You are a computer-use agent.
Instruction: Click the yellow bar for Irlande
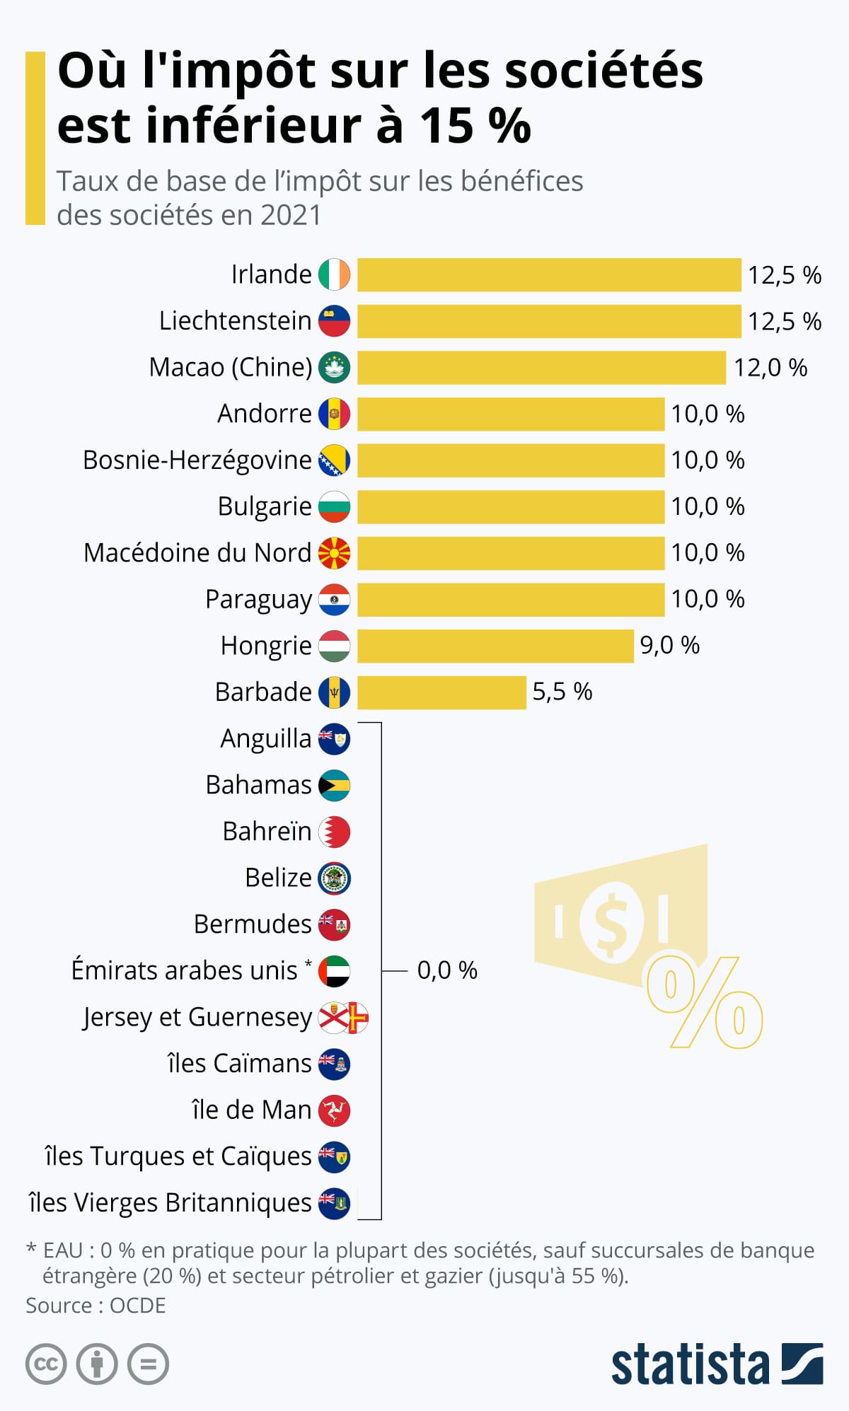[x=549, y=274]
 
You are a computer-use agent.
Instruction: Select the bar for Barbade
[x=441, y=692]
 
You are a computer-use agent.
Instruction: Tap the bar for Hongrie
[x=495, y=646]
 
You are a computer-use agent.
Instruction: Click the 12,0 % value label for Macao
[x=770, y=368]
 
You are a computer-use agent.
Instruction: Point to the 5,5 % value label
[x=562, y=692]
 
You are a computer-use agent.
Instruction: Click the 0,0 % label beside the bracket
[x=447, y=970]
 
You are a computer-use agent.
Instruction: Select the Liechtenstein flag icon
[x=334, y=321]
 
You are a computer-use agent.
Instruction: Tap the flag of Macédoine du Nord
[x=334, y=553]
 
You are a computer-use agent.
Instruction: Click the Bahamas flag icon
[x=334, y=785]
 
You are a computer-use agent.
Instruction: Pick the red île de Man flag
[x=334, y=1110]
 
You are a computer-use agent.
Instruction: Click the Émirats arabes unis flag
[x=334, y=970]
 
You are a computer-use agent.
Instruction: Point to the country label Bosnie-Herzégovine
[x=197, y=460]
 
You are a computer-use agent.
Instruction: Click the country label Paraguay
[x=258, y=599]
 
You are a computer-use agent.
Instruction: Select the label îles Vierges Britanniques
[x=170, y=1202]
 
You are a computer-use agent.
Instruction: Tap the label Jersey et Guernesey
[x=197, y=1017]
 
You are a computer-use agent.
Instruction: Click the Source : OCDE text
[x=96, y=1305]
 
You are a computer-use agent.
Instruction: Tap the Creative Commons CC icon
[x=46, y=1364]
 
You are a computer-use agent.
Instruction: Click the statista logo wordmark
[x=690, y=1364]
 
